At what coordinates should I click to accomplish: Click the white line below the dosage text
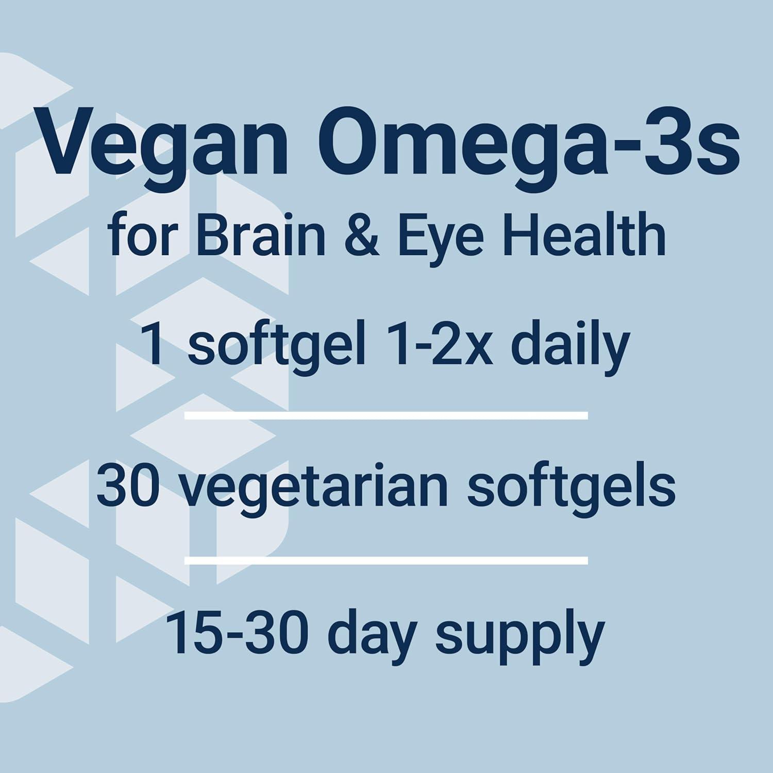tap(386, 415)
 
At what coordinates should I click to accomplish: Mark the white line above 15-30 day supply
tap(386, 560)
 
